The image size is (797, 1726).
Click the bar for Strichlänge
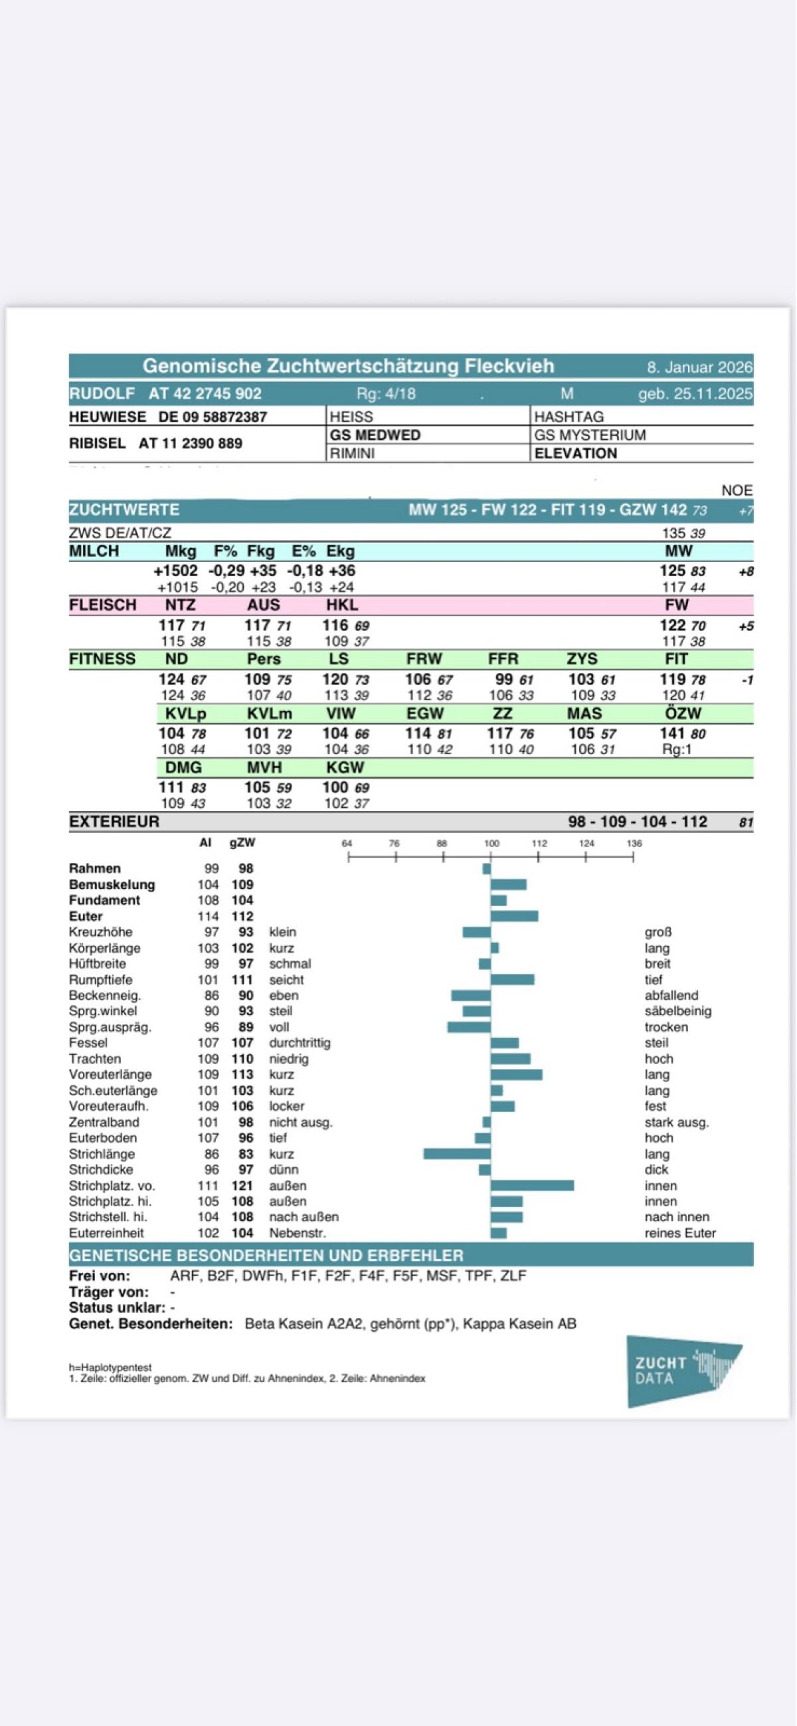click(457, 1153)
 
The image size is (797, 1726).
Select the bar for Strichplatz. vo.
click(532, 1185)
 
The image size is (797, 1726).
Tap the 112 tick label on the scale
click(539, 843)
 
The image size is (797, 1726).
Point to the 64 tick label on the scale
click(347, 843)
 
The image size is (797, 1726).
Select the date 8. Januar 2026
click(699, 367)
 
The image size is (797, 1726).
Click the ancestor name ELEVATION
click(575, 453)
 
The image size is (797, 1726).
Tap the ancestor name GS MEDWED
click(375, 435)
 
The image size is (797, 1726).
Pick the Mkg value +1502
click(175, 571)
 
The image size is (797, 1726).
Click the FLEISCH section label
click(102, 605)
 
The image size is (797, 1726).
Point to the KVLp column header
click(185, 714)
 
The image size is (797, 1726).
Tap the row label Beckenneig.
click(104, 995)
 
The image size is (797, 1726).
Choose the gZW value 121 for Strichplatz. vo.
click(242, 1185)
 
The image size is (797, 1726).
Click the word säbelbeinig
click(678, 1010)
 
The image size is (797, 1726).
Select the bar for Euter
click(514, 916)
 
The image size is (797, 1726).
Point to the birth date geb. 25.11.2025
click(695, 393)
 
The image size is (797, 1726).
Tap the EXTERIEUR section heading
click(114, 821)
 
